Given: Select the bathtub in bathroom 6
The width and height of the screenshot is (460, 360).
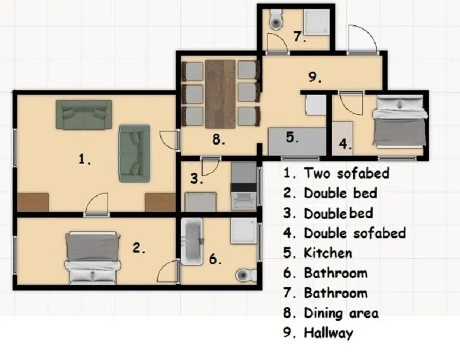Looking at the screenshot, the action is pos(192,242).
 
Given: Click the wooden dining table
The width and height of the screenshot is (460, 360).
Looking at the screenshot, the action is pos(221,94).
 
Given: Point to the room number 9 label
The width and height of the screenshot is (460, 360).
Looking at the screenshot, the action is pos(315,77).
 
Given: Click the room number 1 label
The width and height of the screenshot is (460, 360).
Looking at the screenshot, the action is pos(84,159).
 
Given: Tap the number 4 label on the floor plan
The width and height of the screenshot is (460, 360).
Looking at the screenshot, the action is pos(345,144).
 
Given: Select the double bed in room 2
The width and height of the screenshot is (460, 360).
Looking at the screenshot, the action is pos(92,258).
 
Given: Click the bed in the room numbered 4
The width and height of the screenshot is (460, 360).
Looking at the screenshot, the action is pos(400,121).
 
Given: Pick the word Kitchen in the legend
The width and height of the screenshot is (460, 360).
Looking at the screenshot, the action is pos(328,253).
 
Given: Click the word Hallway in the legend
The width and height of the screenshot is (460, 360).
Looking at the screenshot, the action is pos(328,332).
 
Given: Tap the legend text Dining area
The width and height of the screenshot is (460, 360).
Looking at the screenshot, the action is pos(341,313).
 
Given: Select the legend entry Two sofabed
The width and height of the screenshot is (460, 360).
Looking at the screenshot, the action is pos(346,173).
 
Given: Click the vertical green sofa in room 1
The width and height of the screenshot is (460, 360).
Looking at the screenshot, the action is pos(134,153).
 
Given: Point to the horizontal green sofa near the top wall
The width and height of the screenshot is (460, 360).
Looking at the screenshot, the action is pos(84,114).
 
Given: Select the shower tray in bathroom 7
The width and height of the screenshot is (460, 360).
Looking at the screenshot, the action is pos(316,22).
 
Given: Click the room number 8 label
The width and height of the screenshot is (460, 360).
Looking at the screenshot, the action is pos(219,139).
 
